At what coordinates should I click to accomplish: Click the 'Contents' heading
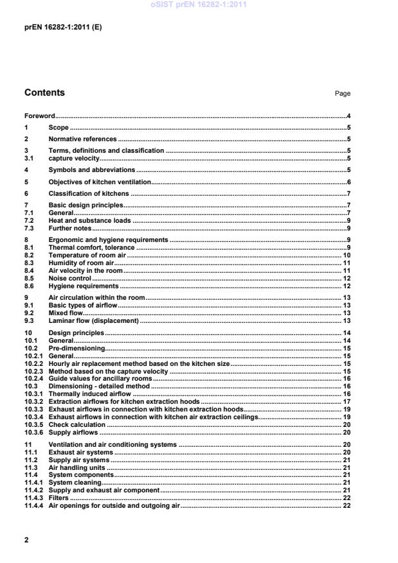(44, 92)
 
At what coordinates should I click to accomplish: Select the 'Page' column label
(343, 94)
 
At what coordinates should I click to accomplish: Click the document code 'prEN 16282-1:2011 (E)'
(62, 28)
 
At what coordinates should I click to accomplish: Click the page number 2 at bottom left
(26, 540)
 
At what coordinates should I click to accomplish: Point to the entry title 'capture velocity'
(74, 158)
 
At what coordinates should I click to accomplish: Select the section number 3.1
(29, 158)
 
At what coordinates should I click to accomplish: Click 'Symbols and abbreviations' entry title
(92, 170)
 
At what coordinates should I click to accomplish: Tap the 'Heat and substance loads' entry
(89, 220)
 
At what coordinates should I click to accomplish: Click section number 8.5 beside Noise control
(29, 279)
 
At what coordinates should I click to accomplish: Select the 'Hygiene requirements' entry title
(84, 286)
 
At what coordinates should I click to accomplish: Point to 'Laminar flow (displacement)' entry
(94, 320)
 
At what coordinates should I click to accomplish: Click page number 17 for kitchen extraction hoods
(346, 401)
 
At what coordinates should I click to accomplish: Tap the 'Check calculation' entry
(77, 424)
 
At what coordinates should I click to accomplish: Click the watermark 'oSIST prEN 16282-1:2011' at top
(199, 5)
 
